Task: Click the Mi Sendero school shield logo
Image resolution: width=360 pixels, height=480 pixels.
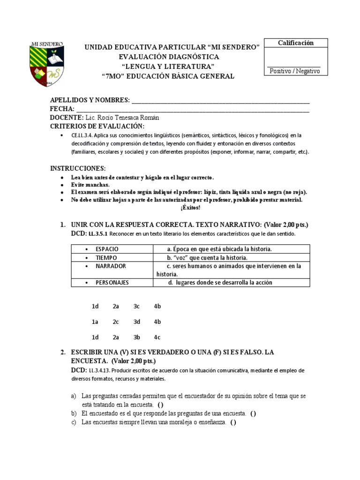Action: (x=46, y=66)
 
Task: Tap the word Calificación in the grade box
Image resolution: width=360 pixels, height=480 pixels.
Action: (x=295, y=43)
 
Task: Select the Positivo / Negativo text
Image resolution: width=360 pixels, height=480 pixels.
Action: (x=294, y=71)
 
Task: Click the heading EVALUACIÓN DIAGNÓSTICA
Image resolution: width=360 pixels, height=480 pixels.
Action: (x=168, y=57)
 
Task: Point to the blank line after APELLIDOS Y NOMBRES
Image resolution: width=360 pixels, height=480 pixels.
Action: (x=221, y=101)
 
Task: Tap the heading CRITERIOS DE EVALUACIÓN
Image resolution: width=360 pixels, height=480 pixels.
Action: (x=97, y=127)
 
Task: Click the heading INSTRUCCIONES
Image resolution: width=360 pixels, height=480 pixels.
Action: (x=78, y=168)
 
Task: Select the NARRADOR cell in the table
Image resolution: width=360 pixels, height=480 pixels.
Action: (x=110, y=266)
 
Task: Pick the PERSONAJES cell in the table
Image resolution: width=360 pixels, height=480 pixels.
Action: (x=112, y=282)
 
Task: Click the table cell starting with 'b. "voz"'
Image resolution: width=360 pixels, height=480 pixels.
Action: (x=207, y=257)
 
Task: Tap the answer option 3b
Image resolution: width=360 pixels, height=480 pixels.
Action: (x=137, y=337)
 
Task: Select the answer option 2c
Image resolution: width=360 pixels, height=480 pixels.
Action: (x=116, y=322)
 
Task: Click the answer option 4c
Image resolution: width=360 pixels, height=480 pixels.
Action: (x=157, y=337)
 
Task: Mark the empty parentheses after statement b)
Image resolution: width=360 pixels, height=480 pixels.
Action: (x=253, y=413)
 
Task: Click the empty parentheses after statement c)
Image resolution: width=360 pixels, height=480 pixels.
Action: (x=233, y=422)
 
